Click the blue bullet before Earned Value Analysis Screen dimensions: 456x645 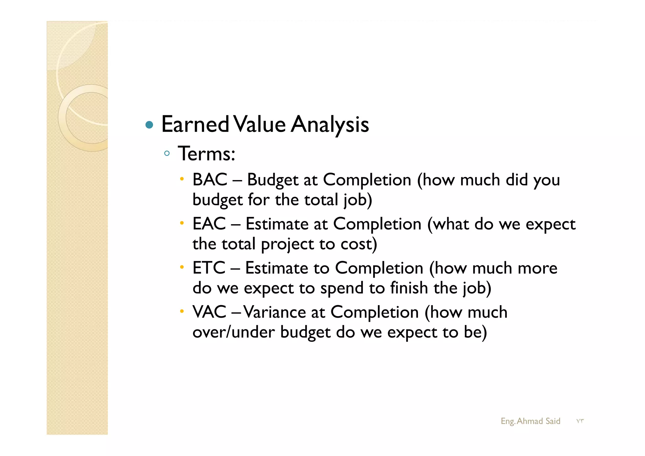coord(149,125)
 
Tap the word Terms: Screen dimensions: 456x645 coord(207,154)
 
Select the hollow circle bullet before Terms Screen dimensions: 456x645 coord(167,154)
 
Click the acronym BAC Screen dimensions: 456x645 coord(210,180)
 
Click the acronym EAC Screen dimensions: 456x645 coord(209,224)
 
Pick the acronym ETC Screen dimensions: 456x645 coord(209,268)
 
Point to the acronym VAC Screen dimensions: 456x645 coord(209,312)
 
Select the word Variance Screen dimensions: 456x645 coord(274,312)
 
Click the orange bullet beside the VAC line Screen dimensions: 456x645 coord(182,311)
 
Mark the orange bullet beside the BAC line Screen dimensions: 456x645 coord(182,179)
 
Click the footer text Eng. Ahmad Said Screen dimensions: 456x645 coord(530,421)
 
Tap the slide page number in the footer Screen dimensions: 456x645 coord(580,421)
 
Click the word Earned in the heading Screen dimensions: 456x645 coord(195,125)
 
